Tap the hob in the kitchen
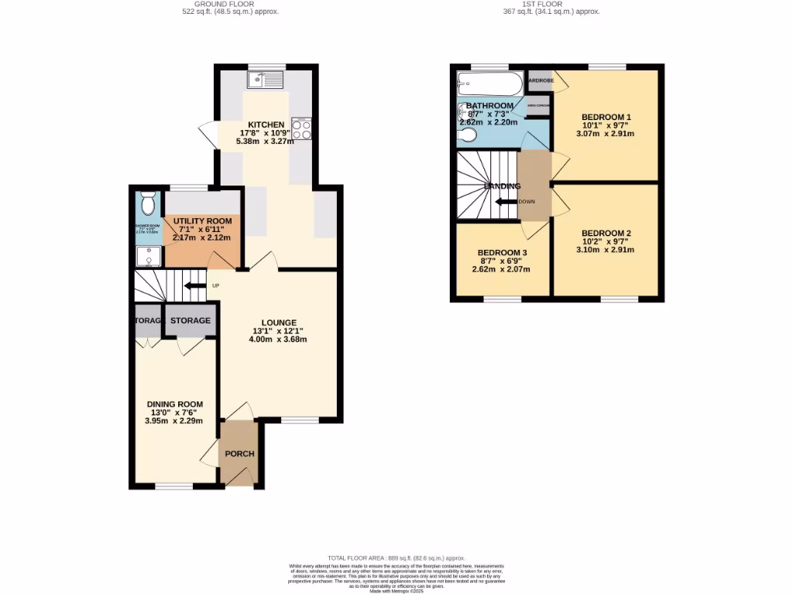point(301,128)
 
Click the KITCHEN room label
point(266,125)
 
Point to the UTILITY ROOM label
point(202,221)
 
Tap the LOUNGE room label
point(278,323)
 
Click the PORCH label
point(239,453)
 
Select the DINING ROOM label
point(175,404)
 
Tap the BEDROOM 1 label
point(607,117)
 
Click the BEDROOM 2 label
point(606,234)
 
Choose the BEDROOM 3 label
point(502,253)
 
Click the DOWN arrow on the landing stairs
point(506,201)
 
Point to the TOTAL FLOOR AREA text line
point(396,558)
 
